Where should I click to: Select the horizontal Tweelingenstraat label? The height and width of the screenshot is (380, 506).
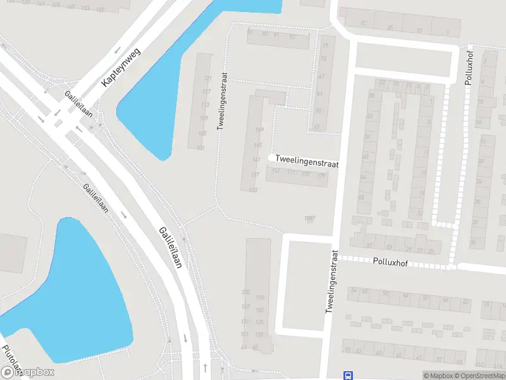tap(307, 163)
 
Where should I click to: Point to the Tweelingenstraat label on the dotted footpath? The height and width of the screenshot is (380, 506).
tap(221, 99)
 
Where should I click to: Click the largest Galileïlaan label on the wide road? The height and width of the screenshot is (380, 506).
tap(171, 248)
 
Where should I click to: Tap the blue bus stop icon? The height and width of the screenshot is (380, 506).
tap(347, 375)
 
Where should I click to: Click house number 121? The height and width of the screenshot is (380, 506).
tap(207, 79)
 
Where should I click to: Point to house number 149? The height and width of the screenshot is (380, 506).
tap(258, 130)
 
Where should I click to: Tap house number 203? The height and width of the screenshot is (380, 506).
tap(245, 292)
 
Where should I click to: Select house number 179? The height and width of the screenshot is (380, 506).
tap(321, 174)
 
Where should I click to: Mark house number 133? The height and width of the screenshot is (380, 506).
tap(254, 189)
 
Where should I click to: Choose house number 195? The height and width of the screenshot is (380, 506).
tap(259, 298)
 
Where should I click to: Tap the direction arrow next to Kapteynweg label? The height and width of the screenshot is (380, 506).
tap(117, 53)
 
